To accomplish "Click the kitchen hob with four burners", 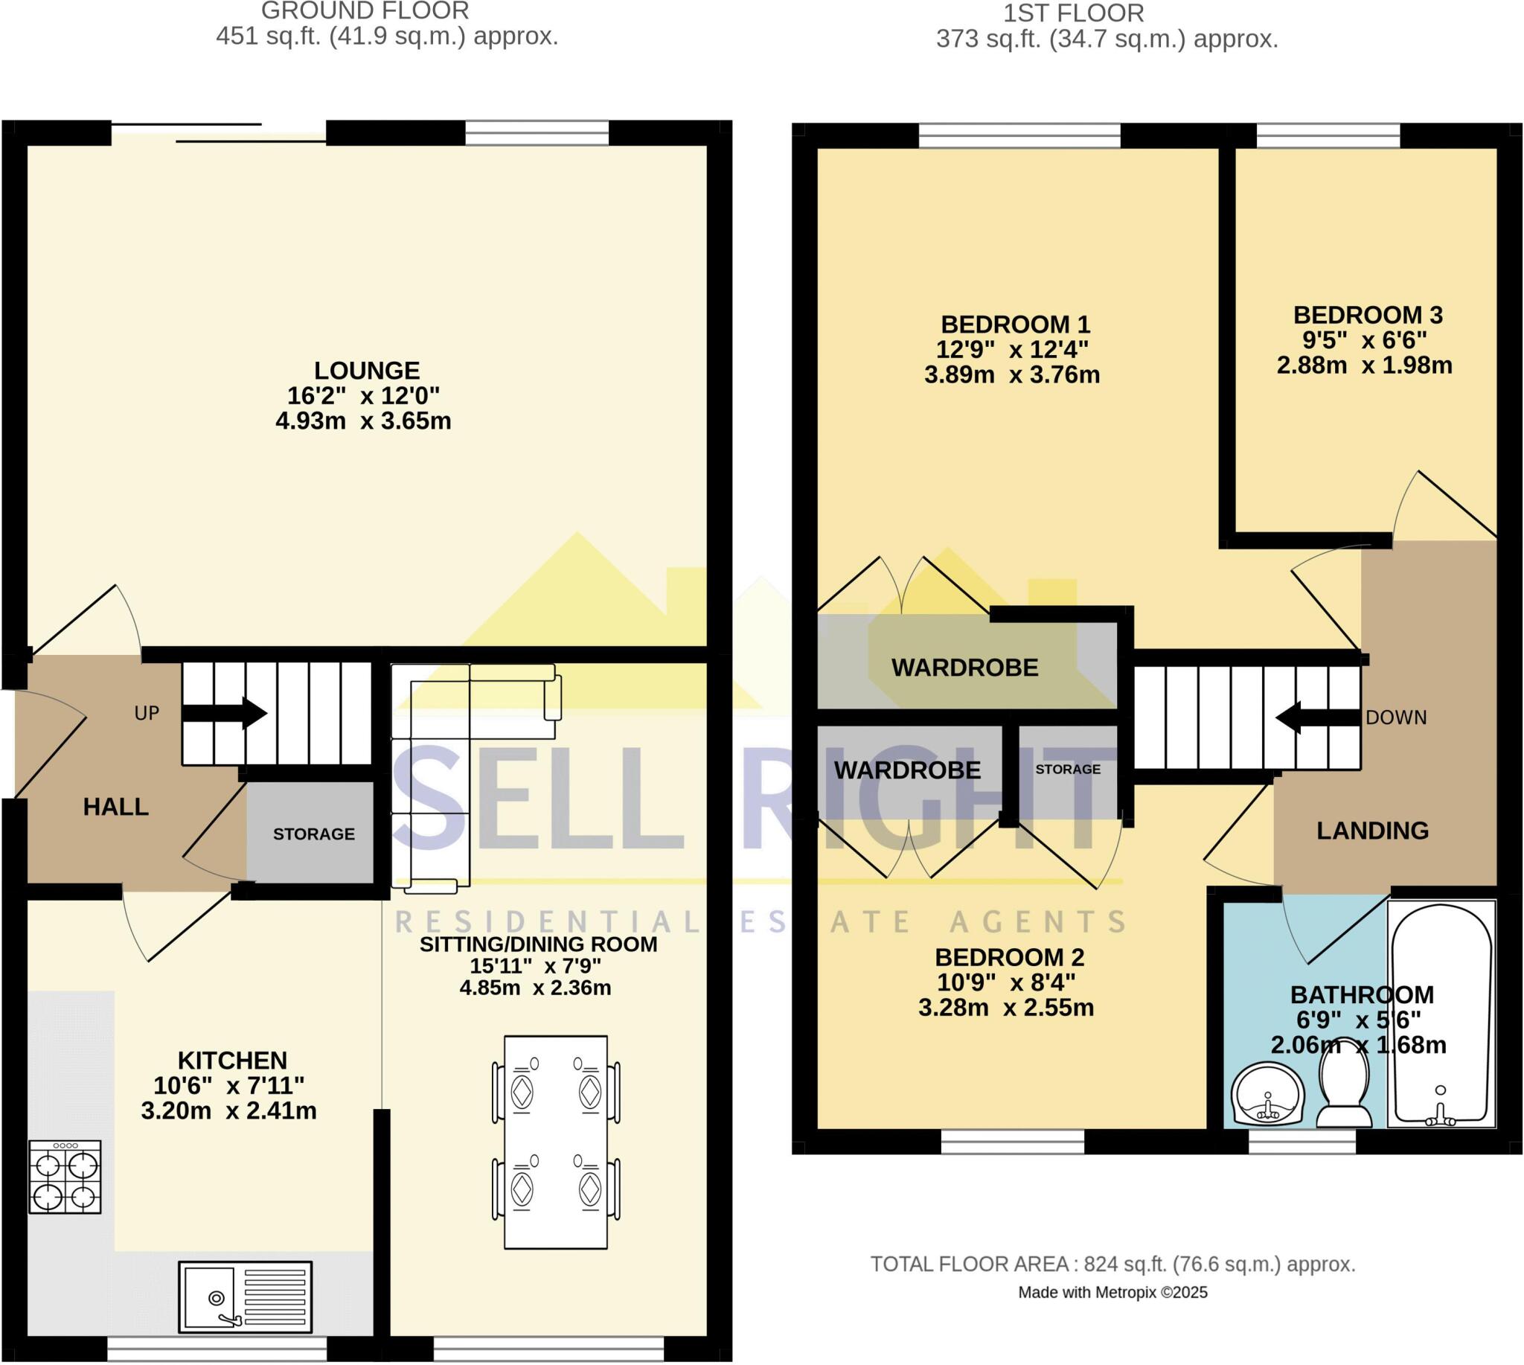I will click(65, 1177).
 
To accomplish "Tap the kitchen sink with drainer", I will click(245, 1297).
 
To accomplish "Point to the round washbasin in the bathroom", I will click(1268, 1096).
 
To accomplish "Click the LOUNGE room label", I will click(367, 371).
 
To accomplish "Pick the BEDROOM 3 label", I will click(1368, 315).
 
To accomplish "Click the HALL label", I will click(115, 807).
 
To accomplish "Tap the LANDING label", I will click(1372, 831).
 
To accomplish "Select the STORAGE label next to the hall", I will click(313, 834).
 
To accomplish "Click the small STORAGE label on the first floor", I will click(1068, 770).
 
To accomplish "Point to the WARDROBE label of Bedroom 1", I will click(964, 668).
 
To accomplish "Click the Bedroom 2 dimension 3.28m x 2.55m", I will click(1006, 1007).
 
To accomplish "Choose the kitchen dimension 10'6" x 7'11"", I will click(228, 1085).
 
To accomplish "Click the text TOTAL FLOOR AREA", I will click(970, 1265).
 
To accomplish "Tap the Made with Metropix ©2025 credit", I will click(1112, 1292).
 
